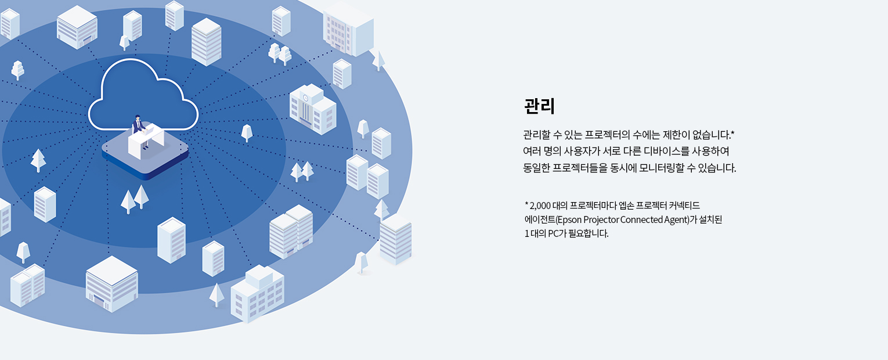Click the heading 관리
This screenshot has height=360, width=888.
tap(539, 106)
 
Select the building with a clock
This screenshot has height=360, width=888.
tap(313, 109)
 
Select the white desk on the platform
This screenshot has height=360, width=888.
tap(146, 141)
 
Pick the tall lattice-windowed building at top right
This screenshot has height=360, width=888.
tap(348, 30)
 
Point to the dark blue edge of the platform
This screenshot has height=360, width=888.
tap(145, 171)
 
